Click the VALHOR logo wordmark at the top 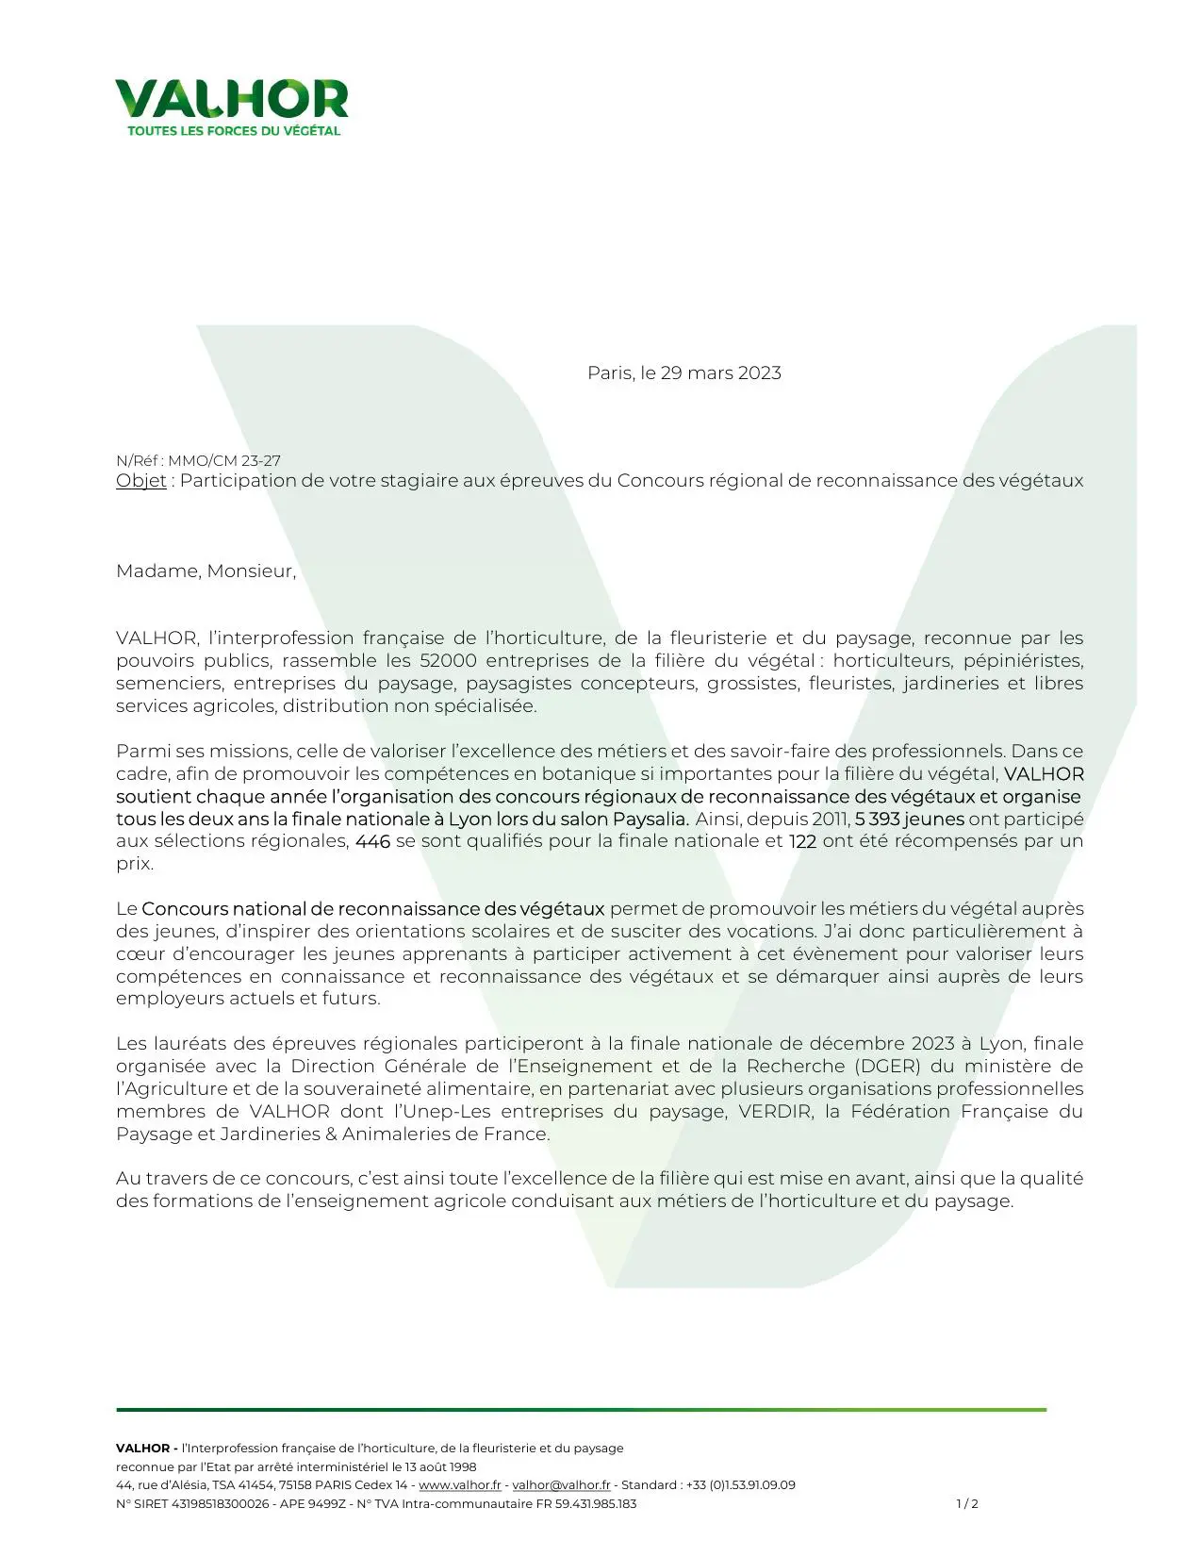click(x=232, y=99)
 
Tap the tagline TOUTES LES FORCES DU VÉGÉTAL click(x=234, y=131)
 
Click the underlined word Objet click(x=141, y=480)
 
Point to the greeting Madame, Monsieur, click(x=206, y=571)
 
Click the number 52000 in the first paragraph click(x=448, y=660)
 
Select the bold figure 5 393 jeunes click(x=909, y=819)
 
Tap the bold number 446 click(x=372, y=841)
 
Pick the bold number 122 click(x=802, y=841)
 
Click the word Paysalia click(x=650, y=819)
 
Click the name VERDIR click(x=775, y=1111)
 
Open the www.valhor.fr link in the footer click(x=460, y=1485)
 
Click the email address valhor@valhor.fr click(x=561, y=1485)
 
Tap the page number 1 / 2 click(x=967, y=1504)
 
